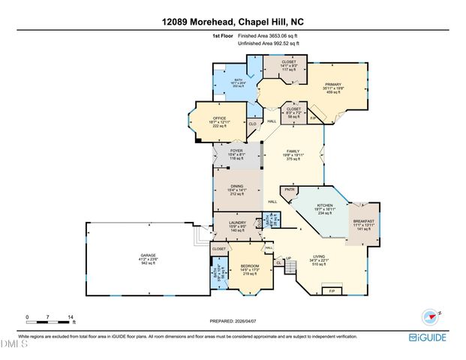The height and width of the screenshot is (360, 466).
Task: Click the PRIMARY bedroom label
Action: (x=333, y=84)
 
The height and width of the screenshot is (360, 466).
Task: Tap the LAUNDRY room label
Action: (x=238, y=221)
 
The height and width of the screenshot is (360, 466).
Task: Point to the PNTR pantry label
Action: (x=289, y=190)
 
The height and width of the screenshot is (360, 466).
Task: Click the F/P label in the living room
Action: (x=331, y=289)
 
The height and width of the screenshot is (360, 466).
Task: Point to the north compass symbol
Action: (x=431, y=314)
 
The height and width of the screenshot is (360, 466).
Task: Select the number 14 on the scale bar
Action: (x=70, y=317)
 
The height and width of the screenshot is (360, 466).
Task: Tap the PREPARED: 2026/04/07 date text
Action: (x=233, y=322)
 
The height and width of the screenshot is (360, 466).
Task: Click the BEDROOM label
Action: (x=250, y=266)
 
